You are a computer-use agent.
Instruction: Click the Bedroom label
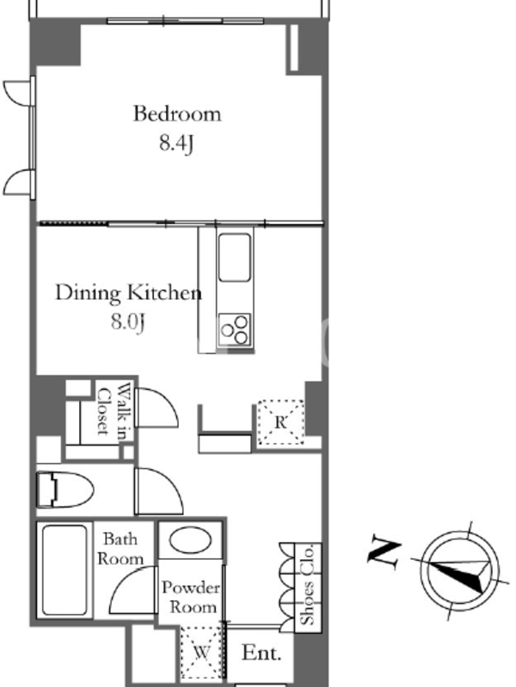click(x=177, y=114)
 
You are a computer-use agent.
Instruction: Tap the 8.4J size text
click(x=176, y=143)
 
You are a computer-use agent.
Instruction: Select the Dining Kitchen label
click(x=128, y=293)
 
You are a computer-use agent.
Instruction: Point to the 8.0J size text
click(x=127, y=322)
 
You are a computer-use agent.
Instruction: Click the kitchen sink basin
click(x=235, y=257)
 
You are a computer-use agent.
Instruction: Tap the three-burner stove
click(x=235, y=329)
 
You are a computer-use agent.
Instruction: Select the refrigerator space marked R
click(x=281, y=422)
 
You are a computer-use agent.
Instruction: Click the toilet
click(x=64, y=489)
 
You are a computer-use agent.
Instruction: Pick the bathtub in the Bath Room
click(x=64, y=569)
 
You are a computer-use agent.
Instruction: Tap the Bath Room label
click(x=120, y=549)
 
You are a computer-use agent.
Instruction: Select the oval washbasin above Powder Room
click(x=190, y=540)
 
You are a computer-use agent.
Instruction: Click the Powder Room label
click(x=190, y=597)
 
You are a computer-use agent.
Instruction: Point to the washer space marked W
click(x=201, y=653)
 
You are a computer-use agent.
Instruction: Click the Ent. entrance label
click(x=261, y=653)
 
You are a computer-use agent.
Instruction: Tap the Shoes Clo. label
click(x=308, y=585)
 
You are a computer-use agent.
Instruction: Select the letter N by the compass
click(x=384, y=552)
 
